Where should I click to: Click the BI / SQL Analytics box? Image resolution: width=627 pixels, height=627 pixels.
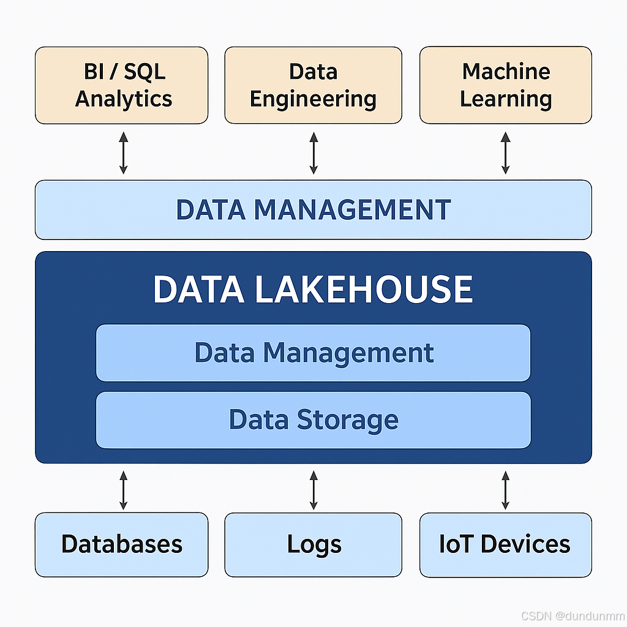click(x=121, y=85)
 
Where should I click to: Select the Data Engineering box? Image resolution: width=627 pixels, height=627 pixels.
click(x=313, y=85)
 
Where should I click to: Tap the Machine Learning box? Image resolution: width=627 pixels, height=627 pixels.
click(x=506, y=85)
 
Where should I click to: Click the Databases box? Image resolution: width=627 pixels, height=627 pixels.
click(x=121, y=544)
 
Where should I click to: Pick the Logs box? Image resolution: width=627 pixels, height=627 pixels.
click(x=313, y=544)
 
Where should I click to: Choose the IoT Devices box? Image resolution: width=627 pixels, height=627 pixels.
click(x=506, y=544)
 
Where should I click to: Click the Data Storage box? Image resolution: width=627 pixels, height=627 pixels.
click(x=313, y=420)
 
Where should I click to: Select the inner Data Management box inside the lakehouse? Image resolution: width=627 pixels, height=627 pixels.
click(x=313, y=353)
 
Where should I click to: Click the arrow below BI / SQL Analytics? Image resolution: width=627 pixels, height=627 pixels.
click(x=124, y=152)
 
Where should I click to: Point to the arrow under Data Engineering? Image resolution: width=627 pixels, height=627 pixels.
click(x=313, y=152)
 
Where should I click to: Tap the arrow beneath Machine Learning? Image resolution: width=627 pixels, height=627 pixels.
click(x=506, y=152)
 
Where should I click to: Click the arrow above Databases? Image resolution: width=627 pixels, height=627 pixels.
click(x=124, y=490)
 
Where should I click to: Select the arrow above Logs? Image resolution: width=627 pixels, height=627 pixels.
click(x=313, y=490)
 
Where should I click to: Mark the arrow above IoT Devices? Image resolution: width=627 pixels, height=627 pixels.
click(x=506, y=490)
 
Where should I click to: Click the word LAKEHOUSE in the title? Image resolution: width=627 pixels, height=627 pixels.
click(x=363, y=290)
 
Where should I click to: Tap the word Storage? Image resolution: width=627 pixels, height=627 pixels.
click(x=347, y=420)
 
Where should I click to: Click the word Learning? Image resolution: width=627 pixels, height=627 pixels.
click(x=506, y=99)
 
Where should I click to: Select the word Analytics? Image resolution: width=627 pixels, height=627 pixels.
click(x=124, y=99)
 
